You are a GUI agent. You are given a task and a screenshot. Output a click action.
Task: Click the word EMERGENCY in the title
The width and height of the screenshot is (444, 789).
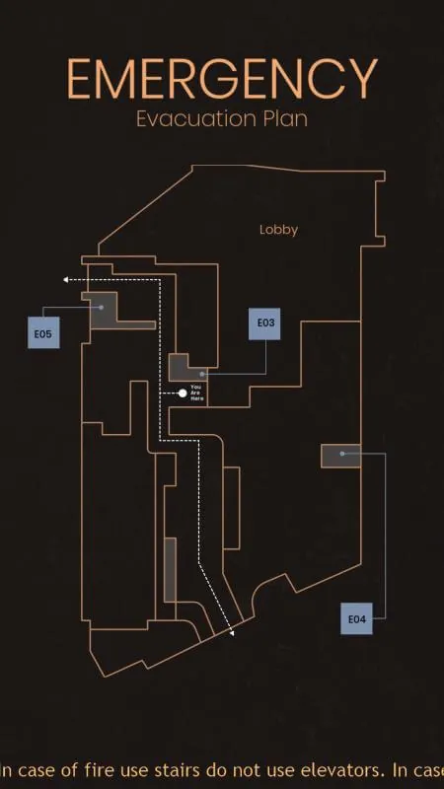click(x=222, y=79)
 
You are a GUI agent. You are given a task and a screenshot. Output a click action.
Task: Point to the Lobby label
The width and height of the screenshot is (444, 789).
click(x=278, y=230)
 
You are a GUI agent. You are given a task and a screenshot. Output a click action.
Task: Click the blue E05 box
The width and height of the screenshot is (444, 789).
click(x=43, y=332)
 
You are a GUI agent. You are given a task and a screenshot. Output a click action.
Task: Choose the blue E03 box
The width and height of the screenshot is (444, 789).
click(x=264, y=323)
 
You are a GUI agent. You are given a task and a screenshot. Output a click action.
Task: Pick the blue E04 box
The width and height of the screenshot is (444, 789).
click(x=356, y=618)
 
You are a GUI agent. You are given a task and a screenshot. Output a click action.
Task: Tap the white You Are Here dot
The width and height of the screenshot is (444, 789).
click(x=183, y=393)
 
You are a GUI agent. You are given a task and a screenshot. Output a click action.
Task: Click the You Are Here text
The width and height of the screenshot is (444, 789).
click(x=196, y=393)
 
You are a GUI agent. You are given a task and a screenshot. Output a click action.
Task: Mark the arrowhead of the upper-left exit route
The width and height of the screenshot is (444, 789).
click(x=65, y=280)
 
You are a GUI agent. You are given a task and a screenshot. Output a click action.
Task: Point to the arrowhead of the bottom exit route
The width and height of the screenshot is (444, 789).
click(x=232, y=633)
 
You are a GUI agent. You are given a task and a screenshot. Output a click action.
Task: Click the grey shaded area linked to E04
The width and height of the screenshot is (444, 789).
click(x=340, y=456)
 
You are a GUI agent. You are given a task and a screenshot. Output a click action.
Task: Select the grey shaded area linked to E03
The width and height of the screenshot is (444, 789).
click(x=185, y=370)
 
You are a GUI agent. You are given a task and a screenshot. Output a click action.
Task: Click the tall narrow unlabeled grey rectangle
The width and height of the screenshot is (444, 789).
click(x=170, y=570)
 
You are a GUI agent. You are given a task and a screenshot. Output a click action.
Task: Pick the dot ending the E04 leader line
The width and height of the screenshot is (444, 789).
click(x=342, y=454)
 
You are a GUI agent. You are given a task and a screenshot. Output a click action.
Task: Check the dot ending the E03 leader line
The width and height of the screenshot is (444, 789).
click(x=202, y=375)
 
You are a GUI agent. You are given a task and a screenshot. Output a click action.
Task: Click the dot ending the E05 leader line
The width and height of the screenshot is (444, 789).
click(x=102, y=307)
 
